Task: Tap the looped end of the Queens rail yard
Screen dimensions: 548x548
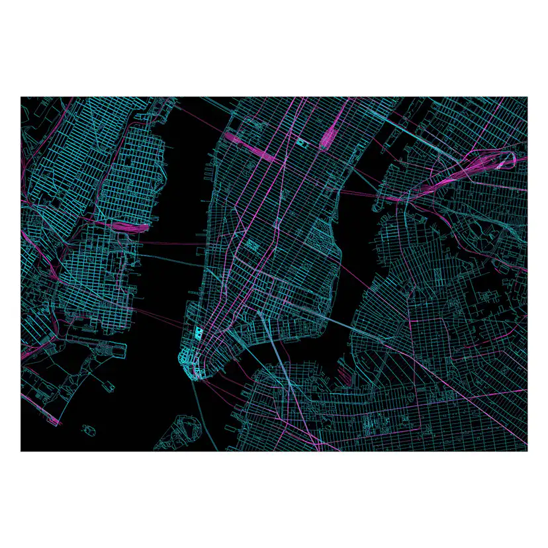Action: pyautogui.click(x=510, y=159)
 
